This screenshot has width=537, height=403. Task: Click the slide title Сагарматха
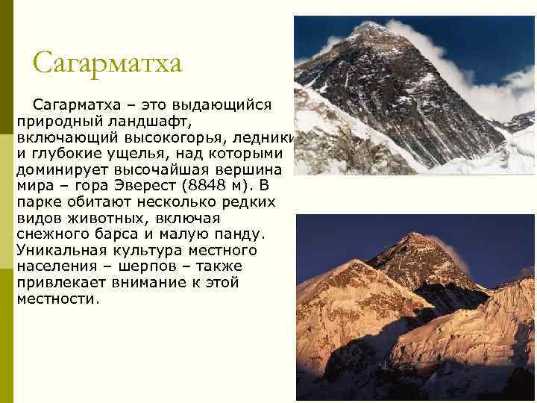pyautogui.click(x=107, y=63)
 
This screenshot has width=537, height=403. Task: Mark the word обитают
pyautogui.click(x=105, y=201)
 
